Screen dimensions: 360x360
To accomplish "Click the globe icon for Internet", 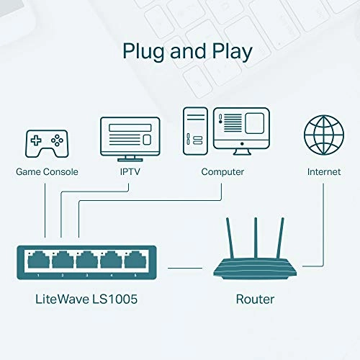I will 323,134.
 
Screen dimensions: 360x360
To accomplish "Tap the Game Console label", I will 47,172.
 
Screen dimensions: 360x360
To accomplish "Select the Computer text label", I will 222,172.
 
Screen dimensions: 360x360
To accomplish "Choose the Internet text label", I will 323,172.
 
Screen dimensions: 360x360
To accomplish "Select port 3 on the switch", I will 86,260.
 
